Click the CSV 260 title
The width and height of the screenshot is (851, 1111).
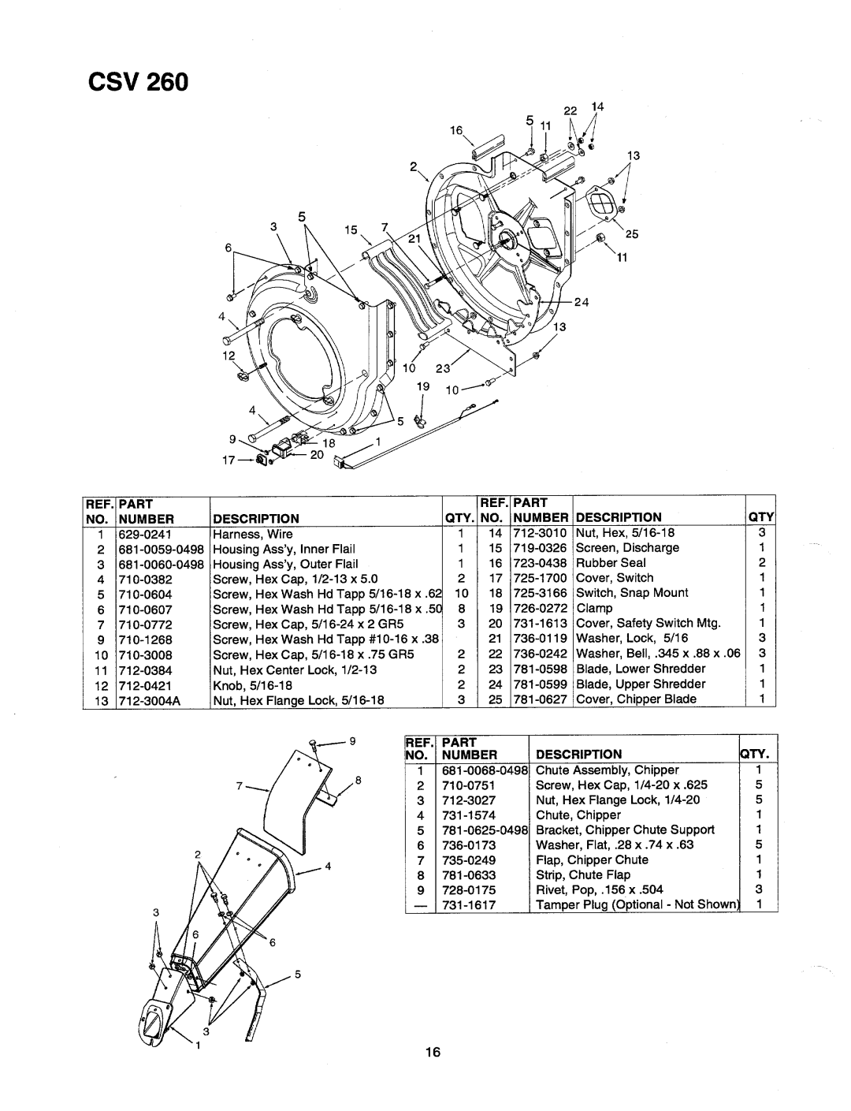(138, 82)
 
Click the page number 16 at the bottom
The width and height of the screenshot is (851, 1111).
(433, 1051)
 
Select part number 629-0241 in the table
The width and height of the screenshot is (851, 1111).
(145, 535)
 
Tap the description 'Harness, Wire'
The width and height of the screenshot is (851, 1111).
(252, 535)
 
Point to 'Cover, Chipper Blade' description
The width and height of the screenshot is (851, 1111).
(636, 699)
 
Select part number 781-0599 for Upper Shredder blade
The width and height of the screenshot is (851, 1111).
(540, 684)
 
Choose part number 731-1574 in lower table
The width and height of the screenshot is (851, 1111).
(468, 815)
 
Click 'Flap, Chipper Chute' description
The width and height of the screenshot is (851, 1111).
(592, 860)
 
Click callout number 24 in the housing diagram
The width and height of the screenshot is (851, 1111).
(582, 302)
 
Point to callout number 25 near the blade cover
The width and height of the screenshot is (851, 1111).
(632, 233)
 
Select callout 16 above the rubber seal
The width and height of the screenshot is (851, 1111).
(456, 131)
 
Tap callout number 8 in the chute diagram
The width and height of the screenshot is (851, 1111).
(358, 780)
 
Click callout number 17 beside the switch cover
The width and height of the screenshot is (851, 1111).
(229, 460)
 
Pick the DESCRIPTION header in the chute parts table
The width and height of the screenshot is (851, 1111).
(578, 754)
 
